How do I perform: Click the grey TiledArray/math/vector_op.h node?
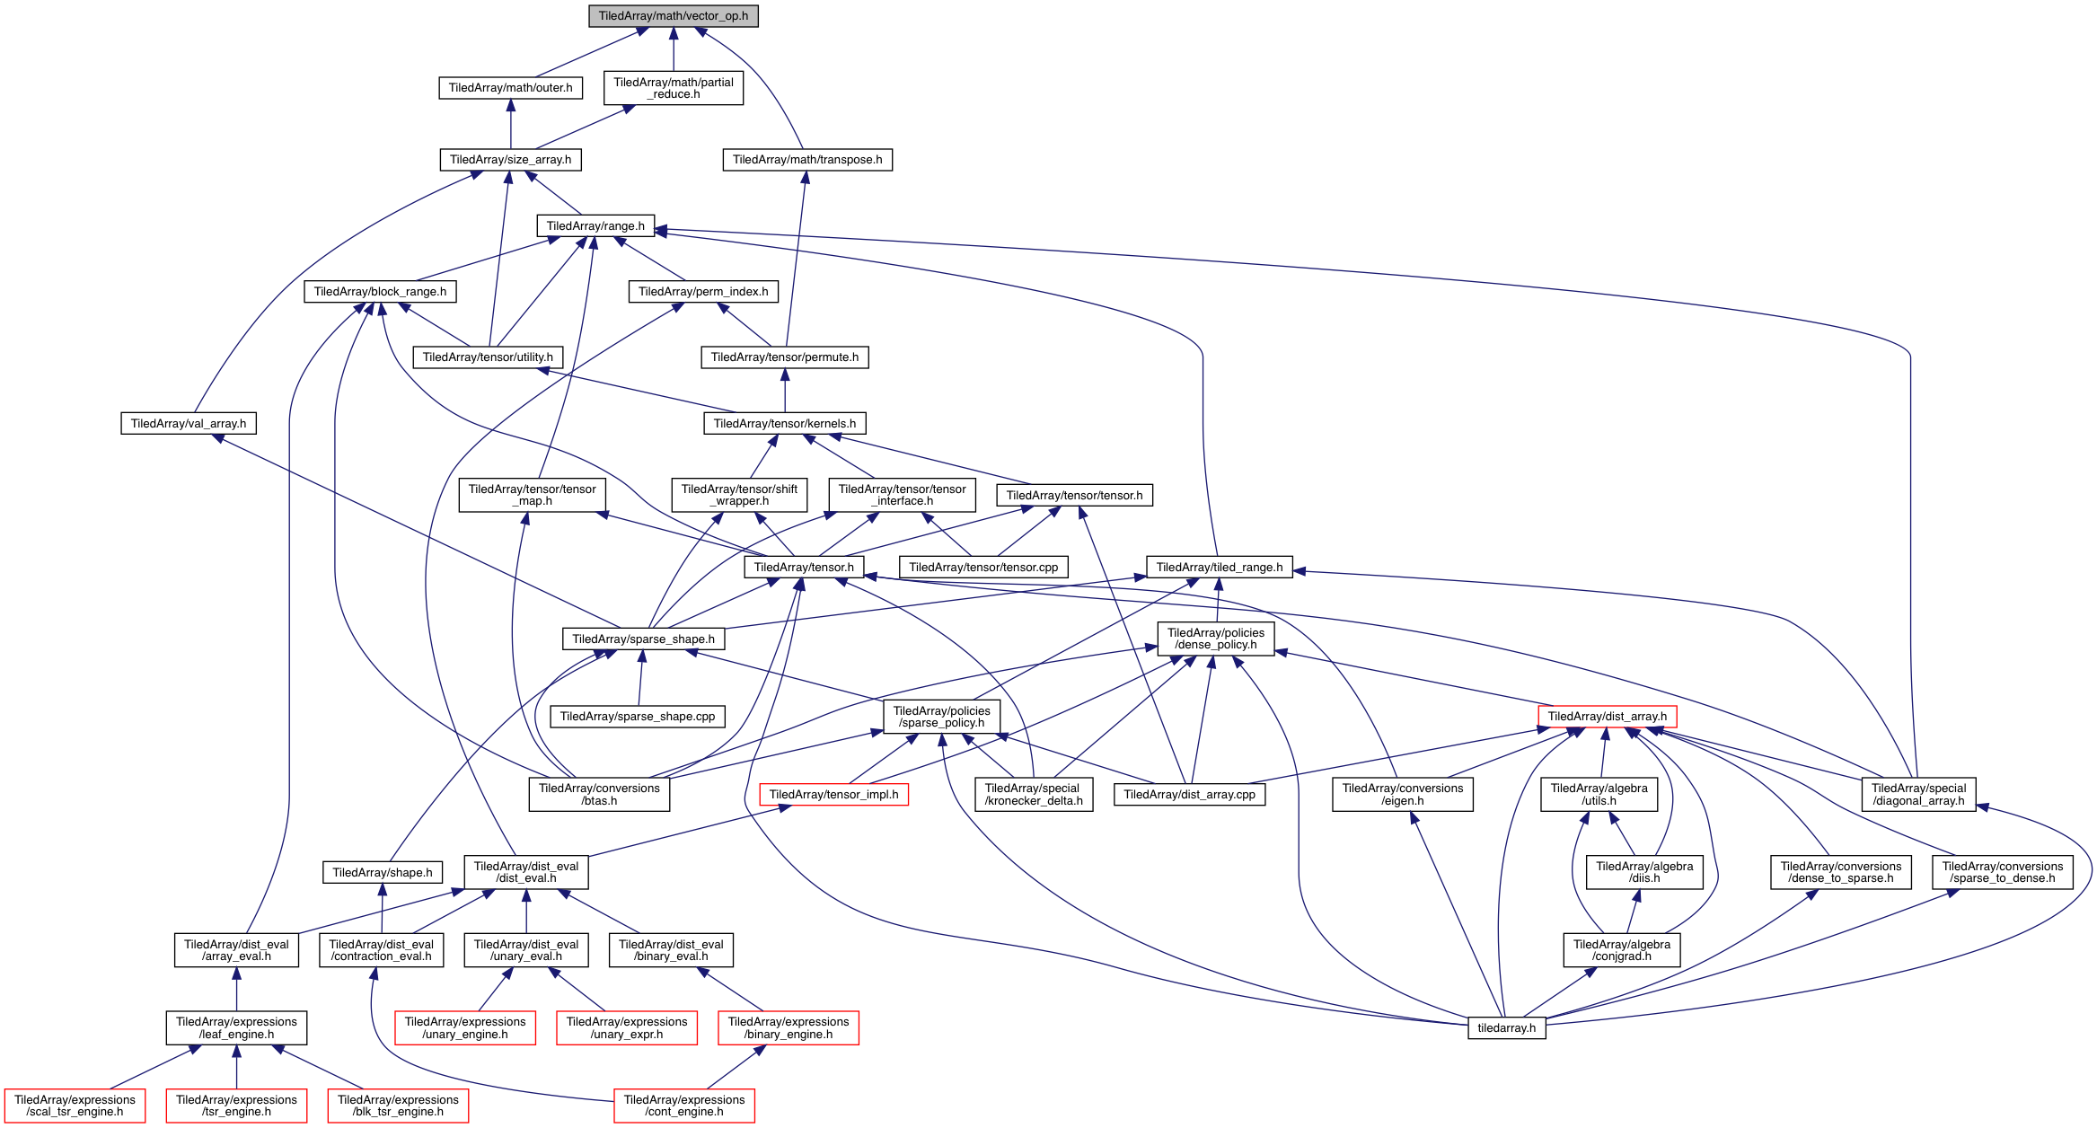[x=673, y=16]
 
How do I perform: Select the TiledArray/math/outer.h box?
[x=510, y=88]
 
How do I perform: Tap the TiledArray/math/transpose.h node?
[x=807, y=160]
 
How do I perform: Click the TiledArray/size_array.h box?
[x=510, y=160]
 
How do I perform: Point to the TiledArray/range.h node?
[x=595, y=226]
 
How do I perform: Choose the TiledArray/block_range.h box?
[x=380, y=292]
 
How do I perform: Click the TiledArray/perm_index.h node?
[x=703, y=292]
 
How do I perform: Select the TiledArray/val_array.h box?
[x=189, y=424]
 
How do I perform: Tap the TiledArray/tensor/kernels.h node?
[x=784, y=424]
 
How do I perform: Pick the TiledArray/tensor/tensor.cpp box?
[x=983, y=568]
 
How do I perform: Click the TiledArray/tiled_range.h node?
[x=1219, y=568]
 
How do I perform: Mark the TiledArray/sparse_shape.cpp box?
[x=638, y=717]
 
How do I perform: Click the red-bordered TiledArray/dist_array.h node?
[x=1607, y=717]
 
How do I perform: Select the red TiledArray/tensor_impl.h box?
[x=833, y=795]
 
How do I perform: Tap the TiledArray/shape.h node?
[x=382, y=873]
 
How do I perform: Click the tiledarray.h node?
[x=1506, y=1028]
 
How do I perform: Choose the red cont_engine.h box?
[x=684, y=1106]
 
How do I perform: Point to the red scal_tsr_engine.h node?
[x=75, y=1106]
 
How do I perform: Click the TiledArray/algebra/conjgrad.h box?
[x=1621, y=950]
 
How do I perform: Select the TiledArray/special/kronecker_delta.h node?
[x=1033, y=795]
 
